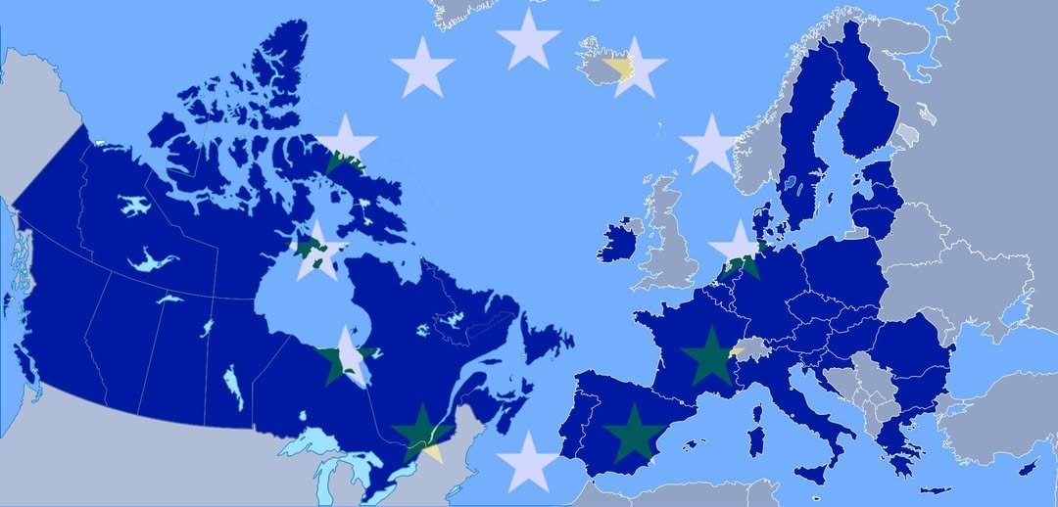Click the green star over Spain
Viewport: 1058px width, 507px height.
633,433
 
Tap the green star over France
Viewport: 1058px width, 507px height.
708,356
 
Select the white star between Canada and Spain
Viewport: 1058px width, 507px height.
527,460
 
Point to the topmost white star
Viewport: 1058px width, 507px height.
528,38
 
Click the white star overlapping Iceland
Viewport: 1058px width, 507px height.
636,66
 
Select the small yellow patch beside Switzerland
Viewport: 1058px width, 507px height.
737,350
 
